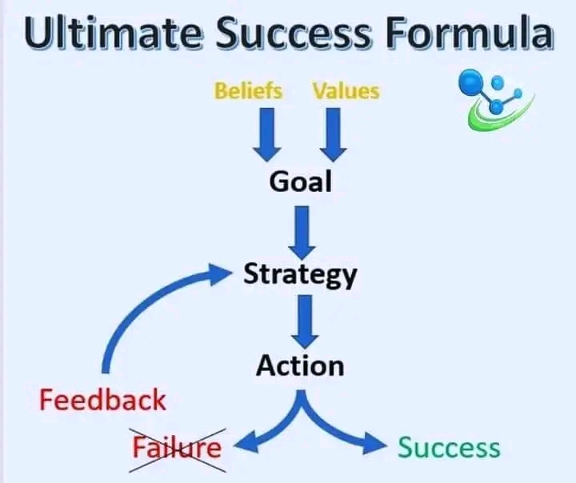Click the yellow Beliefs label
tap(248, 90)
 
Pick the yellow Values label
tap(346, 90)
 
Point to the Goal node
tap(300, 182)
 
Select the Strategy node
tap(300, 275)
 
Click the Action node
tap(300, 365)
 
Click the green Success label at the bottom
tap(450, 447)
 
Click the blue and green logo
tap(492, 100)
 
